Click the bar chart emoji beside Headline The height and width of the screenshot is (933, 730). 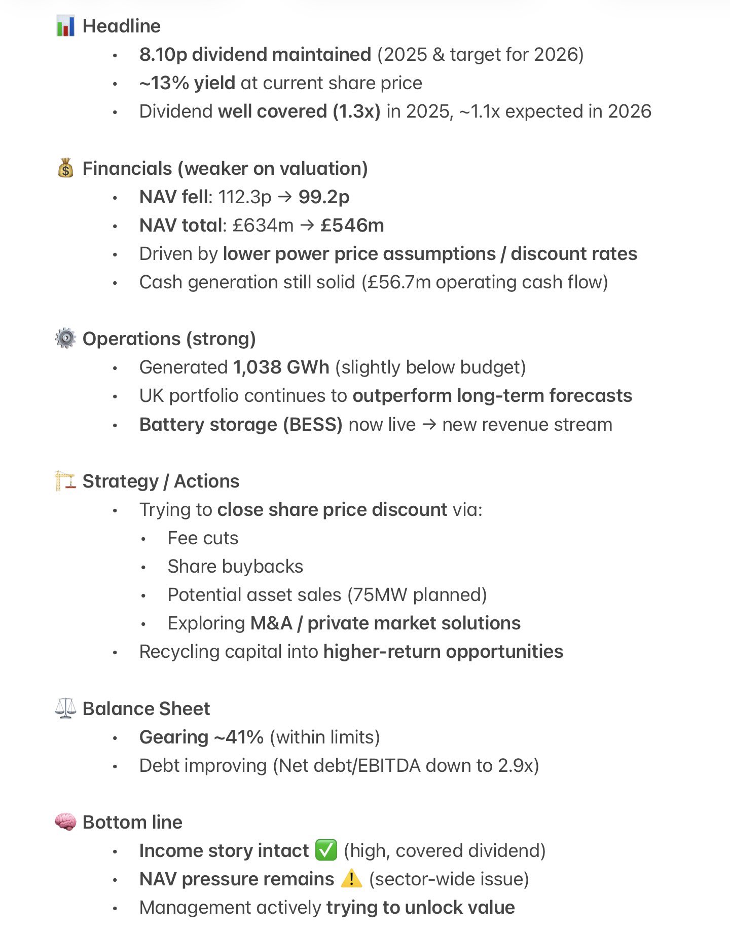(65, 26)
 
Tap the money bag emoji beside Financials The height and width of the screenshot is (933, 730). (65, 168)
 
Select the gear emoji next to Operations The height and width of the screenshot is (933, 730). (65, 339)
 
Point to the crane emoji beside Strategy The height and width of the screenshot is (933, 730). (65, 481)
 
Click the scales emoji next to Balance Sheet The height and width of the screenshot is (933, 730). (65, 708)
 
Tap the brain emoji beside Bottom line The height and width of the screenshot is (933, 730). (65, 822)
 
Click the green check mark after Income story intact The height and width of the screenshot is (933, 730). (326, 850)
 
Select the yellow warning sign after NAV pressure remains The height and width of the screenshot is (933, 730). (351, 878)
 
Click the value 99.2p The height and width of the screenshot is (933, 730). (324, 197)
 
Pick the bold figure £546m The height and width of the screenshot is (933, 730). (352, 225)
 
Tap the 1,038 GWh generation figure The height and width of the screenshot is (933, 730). (281, 367)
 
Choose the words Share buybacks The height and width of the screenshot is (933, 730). (235, 566)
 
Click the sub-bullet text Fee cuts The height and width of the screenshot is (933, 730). (203, 538)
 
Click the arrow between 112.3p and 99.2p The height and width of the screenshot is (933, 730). (285, 197)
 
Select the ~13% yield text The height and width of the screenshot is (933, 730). (187, 83)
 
